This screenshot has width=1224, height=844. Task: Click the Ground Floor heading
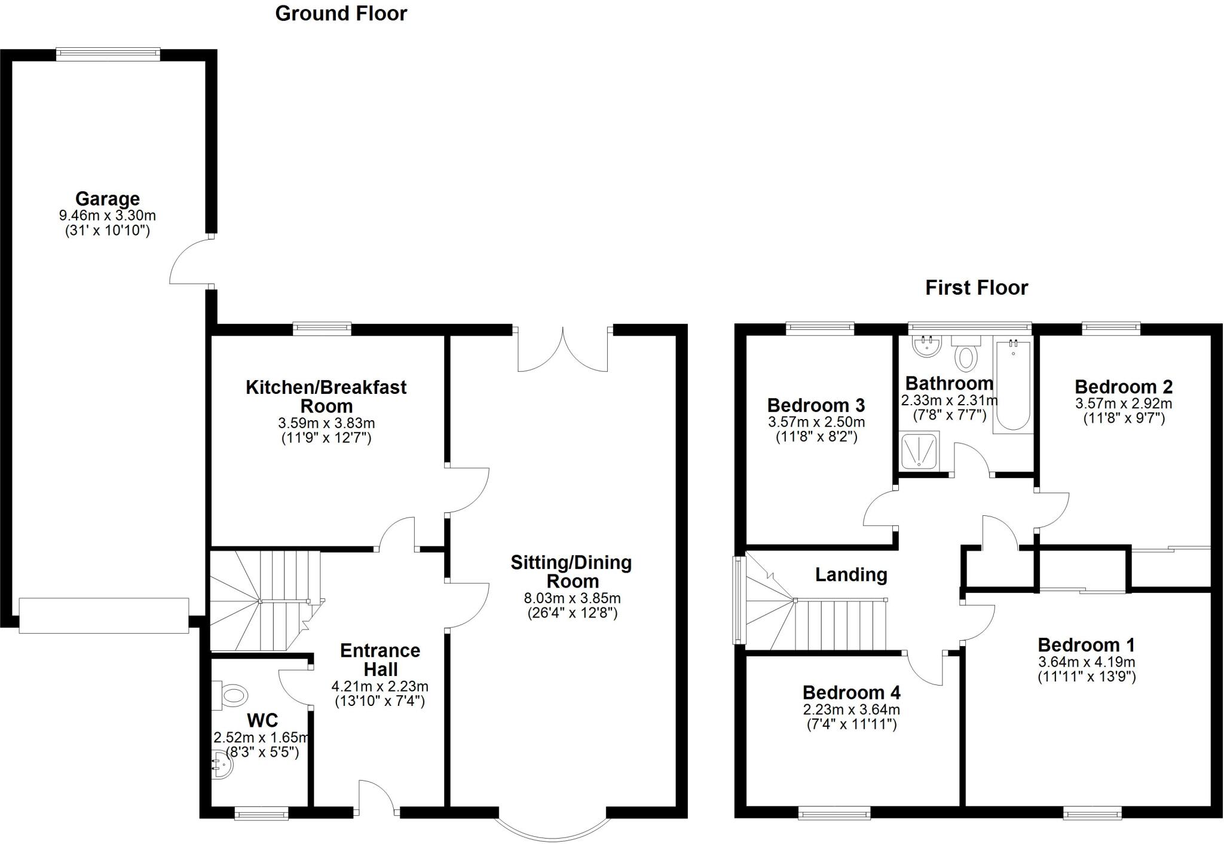(341, 13)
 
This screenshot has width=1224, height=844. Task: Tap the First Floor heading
(977, 288)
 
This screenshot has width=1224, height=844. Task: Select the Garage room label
(108, 198)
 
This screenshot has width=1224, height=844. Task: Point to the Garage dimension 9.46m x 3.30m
(108, 215)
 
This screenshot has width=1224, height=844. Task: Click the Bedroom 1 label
(1087, 645)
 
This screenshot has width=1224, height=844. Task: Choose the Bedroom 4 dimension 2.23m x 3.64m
(851, 710)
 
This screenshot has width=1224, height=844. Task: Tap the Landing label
(851, 575)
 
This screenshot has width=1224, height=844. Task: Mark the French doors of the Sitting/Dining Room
(563, 350)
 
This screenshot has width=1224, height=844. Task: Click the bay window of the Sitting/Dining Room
(553, 828)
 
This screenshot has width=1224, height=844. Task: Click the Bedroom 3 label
(816, 405)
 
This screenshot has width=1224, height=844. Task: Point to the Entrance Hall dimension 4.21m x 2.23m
(380, 687)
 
